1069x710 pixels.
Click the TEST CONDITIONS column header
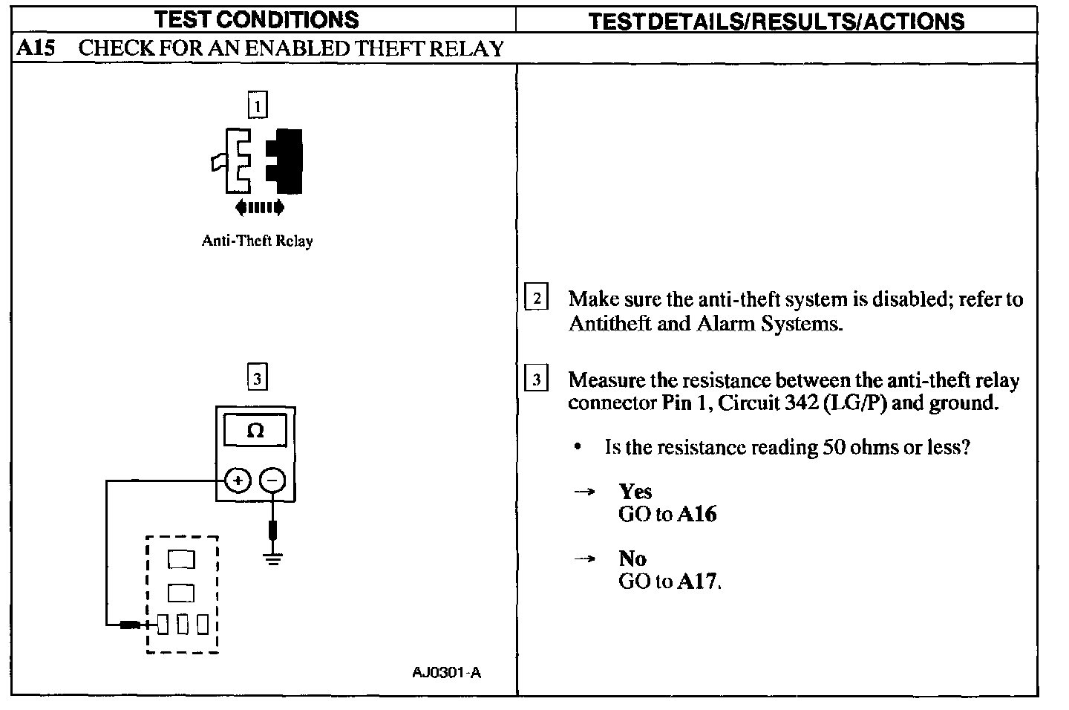(256, 19)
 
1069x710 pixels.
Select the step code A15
(36, 49)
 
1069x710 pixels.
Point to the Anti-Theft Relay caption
(257, 241)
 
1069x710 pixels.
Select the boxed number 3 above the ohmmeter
(257, 379)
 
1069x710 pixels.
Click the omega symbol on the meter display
(255, 431)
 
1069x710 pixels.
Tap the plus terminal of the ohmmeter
(238, 481)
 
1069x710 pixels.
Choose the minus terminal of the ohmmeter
(273, 481)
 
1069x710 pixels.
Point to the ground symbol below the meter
(273, 558)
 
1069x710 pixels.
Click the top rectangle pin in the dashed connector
(181, 559)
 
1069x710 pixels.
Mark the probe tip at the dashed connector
(131, 625)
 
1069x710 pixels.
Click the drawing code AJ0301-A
(446, 673)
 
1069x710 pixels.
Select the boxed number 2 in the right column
(536, 299)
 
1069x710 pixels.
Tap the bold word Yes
(635, 492)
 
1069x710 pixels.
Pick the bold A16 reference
(697, 515)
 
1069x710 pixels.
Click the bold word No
(632, 558)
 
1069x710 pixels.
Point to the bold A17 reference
(697, 581)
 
